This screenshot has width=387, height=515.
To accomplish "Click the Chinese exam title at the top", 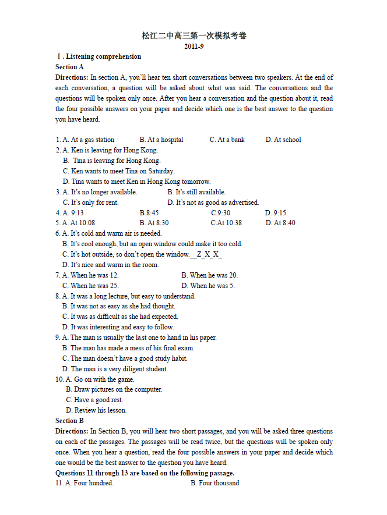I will click(194, 36).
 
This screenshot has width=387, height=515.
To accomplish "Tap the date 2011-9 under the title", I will click(194, 47).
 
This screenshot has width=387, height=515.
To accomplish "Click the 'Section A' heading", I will click(70, 67).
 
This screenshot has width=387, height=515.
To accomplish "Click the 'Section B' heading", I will click(70, 421).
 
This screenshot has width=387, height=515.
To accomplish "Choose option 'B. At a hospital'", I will click(161, 140).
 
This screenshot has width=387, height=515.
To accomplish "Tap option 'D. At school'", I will click(283, 140).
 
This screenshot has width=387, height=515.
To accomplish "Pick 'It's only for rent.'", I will click(94, 203).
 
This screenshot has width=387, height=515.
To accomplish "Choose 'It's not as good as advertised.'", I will click(213, 203).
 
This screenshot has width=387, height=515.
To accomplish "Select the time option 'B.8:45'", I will click(149, 213).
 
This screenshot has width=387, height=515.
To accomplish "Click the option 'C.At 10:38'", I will click(226, 223).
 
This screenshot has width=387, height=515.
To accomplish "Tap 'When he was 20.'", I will click(210, 275).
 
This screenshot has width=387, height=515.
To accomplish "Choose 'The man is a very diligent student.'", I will click(119, 369).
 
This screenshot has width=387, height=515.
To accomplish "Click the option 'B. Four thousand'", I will click(215, 483).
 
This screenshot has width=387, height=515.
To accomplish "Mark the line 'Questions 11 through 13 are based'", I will click(145, 473).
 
